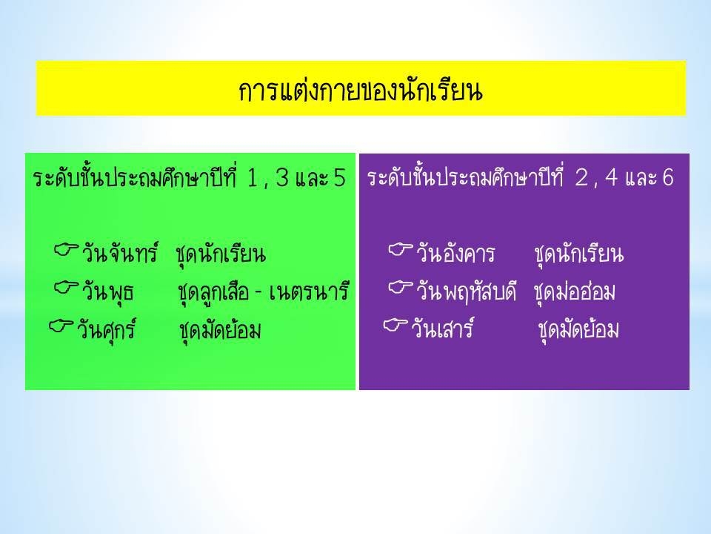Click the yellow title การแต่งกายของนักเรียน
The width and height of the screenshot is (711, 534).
coord(361,90)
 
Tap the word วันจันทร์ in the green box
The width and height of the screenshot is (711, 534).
coord(120,252)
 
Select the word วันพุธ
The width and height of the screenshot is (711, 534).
coord(108,292)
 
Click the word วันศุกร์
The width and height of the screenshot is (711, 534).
coord(106,329)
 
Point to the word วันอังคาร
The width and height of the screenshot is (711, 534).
coord(455,254)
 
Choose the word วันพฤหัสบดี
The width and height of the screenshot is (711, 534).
coord(466,291)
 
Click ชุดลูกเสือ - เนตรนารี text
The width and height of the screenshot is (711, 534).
coord(264,292)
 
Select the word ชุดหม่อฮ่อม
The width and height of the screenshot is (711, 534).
coord(575,292)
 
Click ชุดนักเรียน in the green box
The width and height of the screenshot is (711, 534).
coord(221,254)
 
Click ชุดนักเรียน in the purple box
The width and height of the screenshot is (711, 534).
coord(579,254)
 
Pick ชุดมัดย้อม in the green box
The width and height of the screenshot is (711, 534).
coord(220,330)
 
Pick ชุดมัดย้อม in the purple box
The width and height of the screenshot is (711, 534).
coord(578,329)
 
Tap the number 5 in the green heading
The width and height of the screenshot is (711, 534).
coord(340,177)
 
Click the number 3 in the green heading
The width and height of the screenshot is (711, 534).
coord(282,177)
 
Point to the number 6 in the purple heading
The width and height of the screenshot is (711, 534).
coord(667,177)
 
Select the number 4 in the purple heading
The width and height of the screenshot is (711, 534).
coord(611,177)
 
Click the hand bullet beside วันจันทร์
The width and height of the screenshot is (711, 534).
coord(66,249)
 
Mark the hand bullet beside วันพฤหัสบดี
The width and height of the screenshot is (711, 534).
coord(401,287)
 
